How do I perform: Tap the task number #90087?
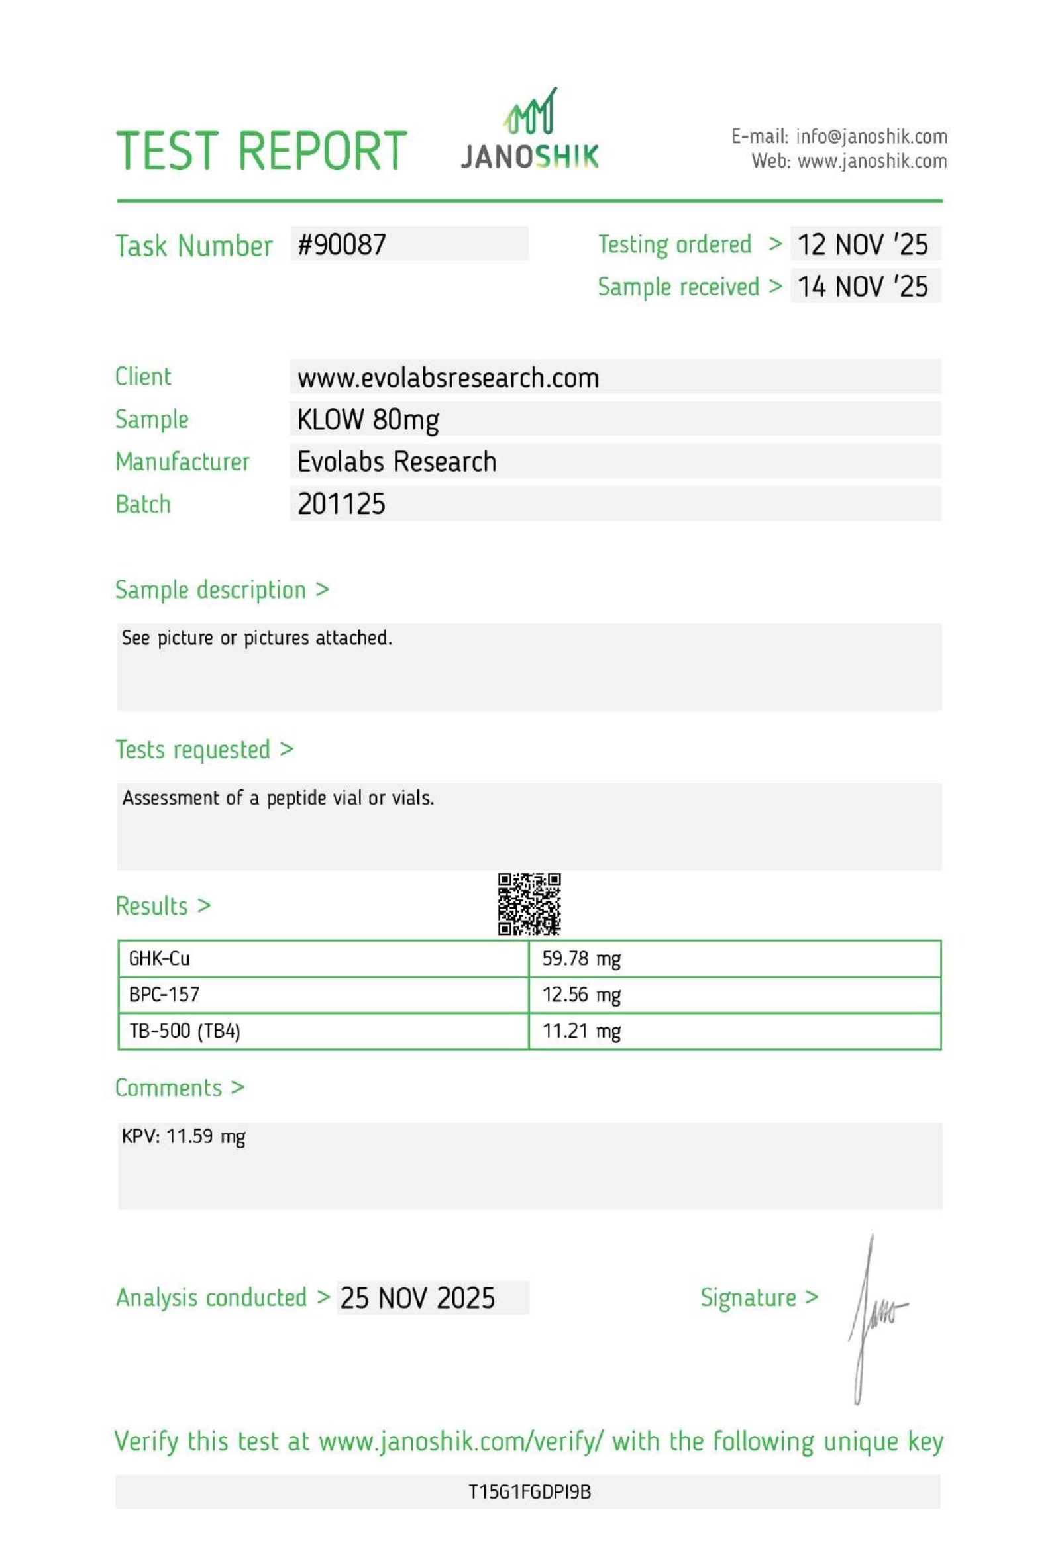pos(342,245)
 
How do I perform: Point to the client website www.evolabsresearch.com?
pos(448,378)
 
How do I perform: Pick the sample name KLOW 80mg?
pos(368,420)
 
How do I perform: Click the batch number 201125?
pos(342,505)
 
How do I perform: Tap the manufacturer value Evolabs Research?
pos(397,462)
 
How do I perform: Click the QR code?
pos(529,904)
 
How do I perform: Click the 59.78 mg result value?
pos(581,958)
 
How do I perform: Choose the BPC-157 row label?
pos(164,995)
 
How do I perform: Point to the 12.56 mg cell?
pos(581,995)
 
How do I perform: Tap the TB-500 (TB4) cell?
pos(184,1031)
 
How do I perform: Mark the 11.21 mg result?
pos(581,1031)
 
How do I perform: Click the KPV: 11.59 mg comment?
pos(184,1136)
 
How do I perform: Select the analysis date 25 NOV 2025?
pos(417,1298)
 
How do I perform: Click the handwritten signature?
pos(874,1318)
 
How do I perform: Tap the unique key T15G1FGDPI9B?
pos(529,1492)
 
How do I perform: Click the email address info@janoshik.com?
pos(871,137)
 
